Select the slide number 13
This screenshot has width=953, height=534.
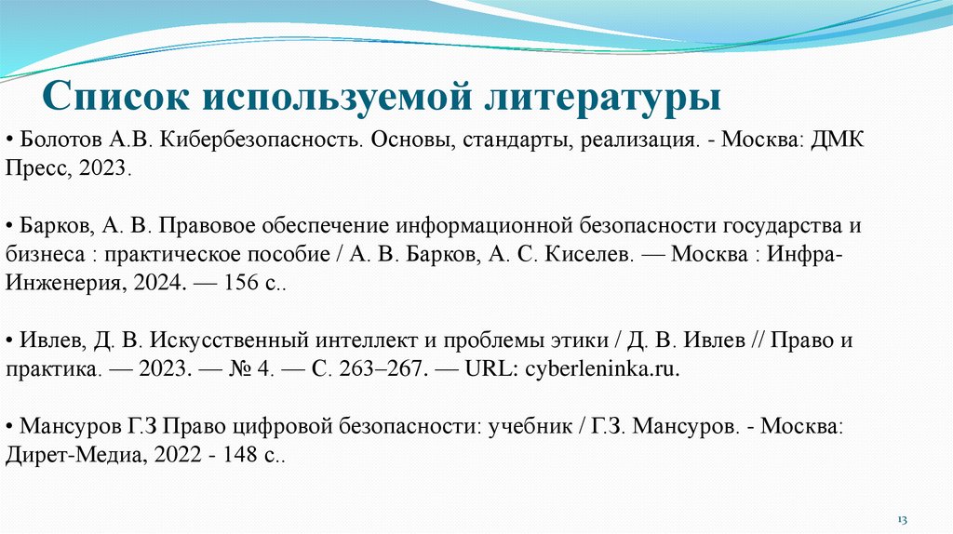[902, 516]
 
